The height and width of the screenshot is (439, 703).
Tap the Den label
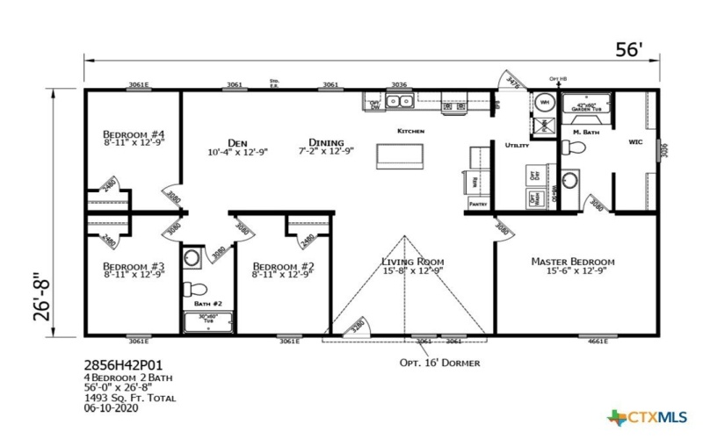[236, 142]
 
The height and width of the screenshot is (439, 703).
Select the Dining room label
[326, 142]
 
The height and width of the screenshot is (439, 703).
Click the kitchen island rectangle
[401, 156]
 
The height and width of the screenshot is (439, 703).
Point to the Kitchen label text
[410, 131]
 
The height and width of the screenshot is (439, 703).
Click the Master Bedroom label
[572, 262]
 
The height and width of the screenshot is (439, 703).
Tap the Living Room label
[412, 262]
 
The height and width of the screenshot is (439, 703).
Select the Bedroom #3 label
[134, 266]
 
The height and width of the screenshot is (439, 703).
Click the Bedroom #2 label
[283, 266]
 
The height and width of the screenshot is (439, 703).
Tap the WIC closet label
[636, 140]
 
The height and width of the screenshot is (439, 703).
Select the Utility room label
[517, 144]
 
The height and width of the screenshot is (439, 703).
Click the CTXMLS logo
[649, 416]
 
